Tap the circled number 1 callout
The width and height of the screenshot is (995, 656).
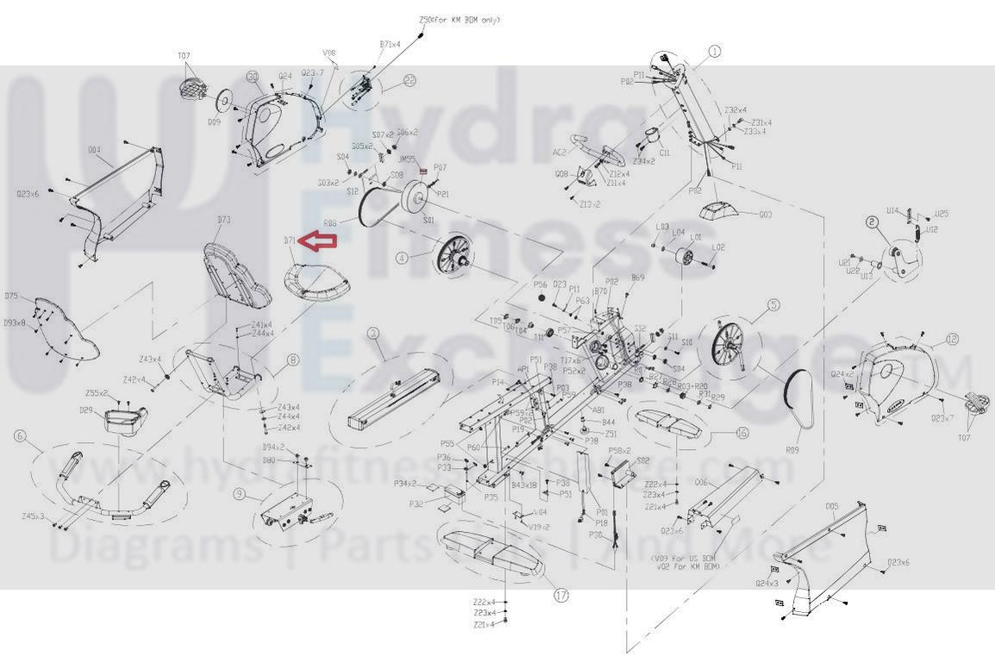coord(714,52)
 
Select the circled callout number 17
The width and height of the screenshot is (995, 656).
coord(561,595)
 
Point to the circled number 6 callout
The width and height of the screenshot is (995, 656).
coord(21,436)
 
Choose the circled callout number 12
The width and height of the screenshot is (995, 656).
coord(951,340)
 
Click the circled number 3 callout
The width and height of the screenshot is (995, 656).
coord(372,333)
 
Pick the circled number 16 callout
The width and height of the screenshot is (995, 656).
coord(742,434)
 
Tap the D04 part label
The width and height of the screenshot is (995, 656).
coord(94,150)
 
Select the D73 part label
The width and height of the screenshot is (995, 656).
coord(223,220)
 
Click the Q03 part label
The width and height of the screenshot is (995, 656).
coord(765,214)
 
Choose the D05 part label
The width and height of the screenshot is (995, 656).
coord(831,506)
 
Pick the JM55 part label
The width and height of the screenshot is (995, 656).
coord(406,159)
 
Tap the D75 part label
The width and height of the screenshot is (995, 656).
coord(11,297)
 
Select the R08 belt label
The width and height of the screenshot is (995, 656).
coord(329,223)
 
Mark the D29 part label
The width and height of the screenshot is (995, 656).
coord(85,410)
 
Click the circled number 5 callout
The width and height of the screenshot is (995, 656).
coord(773,304)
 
